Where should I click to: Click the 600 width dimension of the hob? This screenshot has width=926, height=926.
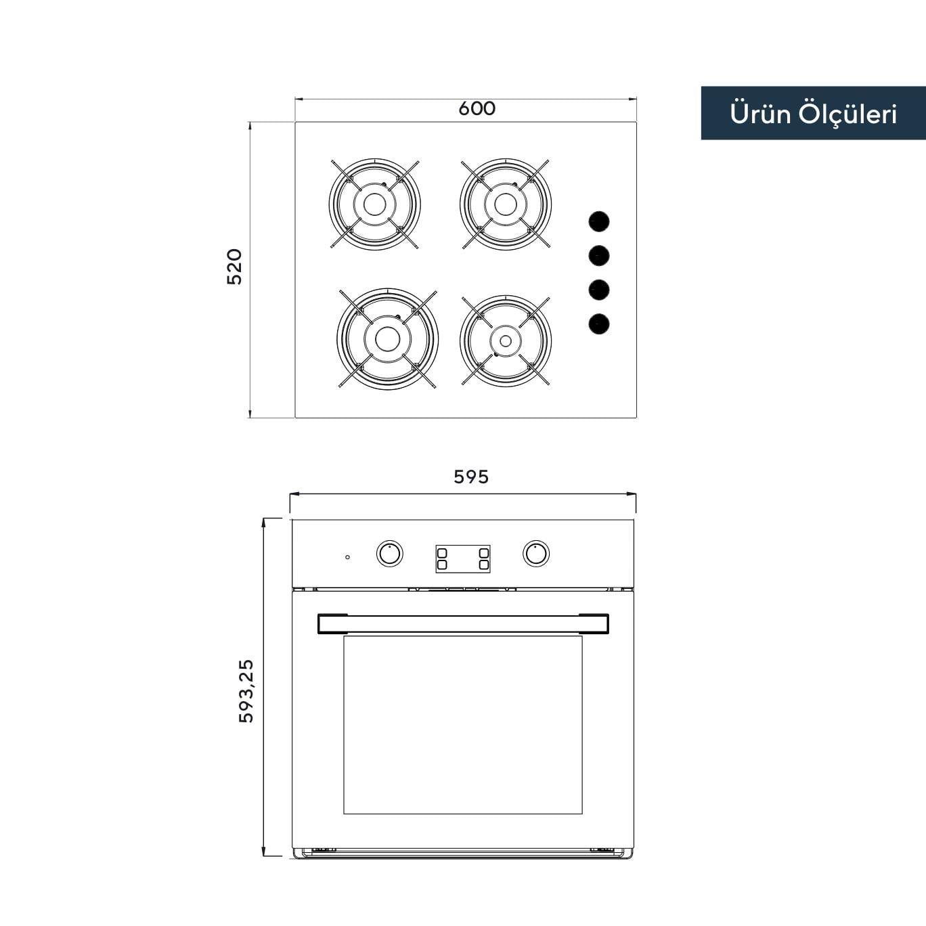[477, 108]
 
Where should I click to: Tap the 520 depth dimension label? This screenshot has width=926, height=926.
[234, 267]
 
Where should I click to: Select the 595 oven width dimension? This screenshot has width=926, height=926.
[471, 477]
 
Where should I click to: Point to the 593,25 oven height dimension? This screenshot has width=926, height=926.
[246, 691]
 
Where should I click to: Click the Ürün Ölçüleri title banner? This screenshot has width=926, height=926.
[813, 113]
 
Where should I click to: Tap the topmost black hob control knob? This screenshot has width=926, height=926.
[599, 221]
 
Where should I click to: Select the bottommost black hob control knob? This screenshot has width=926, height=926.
[599, 324]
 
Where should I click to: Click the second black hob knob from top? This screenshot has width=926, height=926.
[599, 256]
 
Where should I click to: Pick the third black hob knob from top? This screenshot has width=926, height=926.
[599, 290]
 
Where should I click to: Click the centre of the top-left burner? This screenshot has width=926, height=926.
[374, 204]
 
